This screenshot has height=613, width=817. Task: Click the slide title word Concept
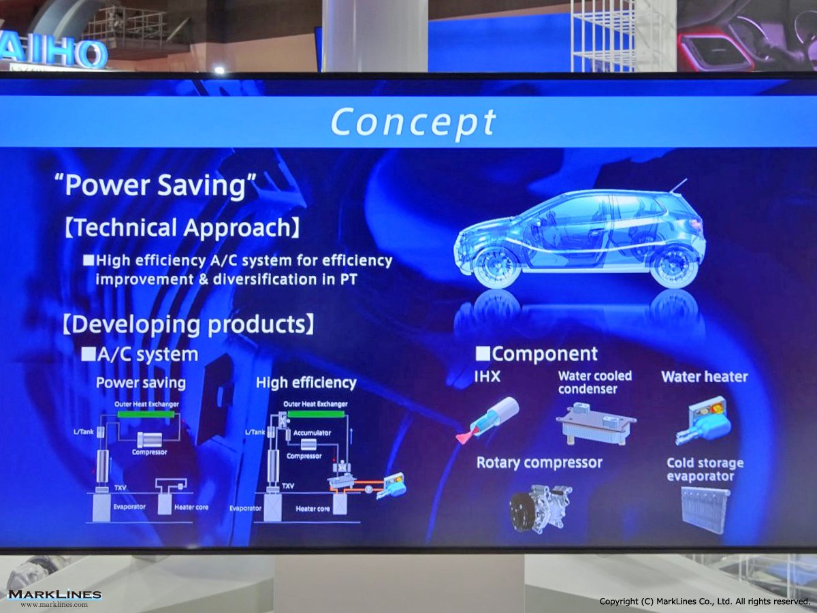tap(413, 122)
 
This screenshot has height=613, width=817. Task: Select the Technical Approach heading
tap(182, 227)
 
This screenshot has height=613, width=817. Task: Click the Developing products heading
tap(188, 324)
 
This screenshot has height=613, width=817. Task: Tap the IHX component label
tap(487, 377)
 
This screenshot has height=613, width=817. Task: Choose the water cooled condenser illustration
tap(596, 424)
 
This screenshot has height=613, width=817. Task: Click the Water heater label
tap(705, 377)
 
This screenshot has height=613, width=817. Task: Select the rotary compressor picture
tap(541, 509)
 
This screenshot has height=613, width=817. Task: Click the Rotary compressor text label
tap(539, 463)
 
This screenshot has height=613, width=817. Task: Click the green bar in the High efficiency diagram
tap(317, 414)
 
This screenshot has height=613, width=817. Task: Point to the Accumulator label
tap(312, 433)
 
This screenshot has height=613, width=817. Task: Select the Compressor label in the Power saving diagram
tap(149, 452)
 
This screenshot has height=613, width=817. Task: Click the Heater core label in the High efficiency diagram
tap(313, 509)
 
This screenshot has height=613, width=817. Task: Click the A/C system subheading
tap(140, 355)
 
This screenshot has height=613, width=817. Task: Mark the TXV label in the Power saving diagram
tap(121, 488)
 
